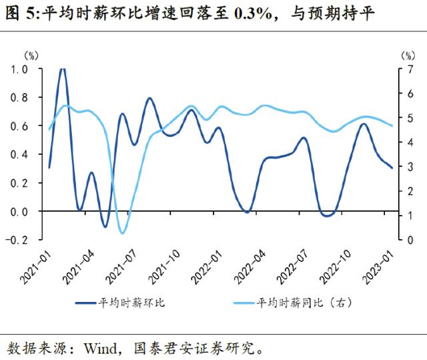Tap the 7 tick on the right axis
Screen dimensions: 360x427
pos(404,69)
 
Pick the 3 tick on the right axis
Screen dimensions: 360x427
pos(404,166)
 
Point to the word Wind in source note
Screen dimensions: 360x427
pos(98,348)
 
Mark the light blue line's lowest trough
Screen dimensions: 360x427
pos(122,232)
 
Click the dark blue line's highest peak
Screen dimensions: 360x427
pos(63,69)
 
